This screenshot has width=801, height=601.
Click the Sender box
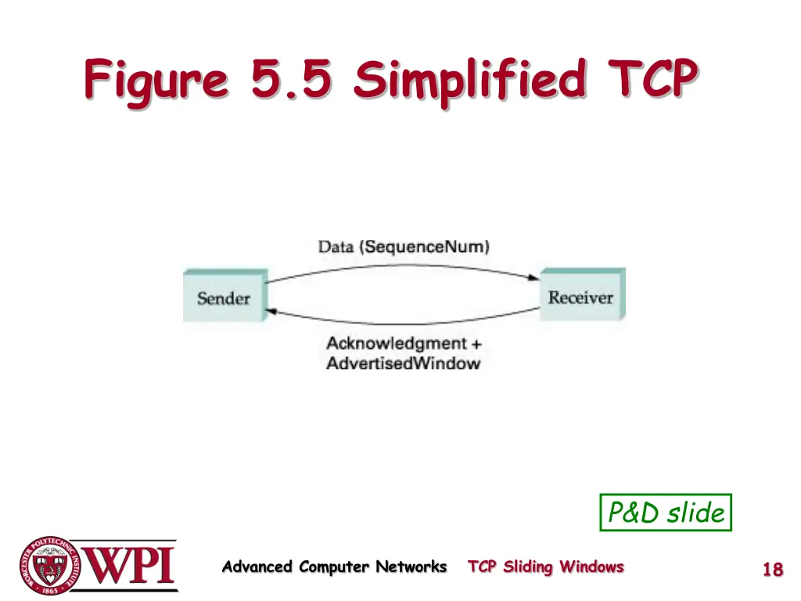(x=224, y=297)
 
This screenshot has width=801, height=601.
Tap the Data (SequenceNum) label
(x=404, y=247)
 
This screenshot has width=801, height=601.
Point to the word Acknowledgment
(x=396, y=344)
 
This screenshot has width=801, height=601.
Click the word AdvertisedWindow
(x=403, y=363)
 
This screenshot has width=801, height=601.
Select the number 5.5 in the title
(x=291, y=81)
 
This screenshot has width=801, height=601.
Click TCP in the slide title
(x=648, y=81)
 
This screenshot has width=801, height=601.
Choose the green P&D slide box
(x=666, y=513)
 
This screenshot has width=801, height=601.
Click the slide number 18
(x=772, y=570)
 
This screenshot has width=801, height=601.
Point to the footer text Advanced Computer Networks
(x=334, y=567)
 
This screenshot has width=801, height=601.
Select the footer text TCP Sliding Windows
(x=546, y=567)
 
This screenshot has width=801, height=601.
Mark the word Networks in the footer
(x=411, y=567)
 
